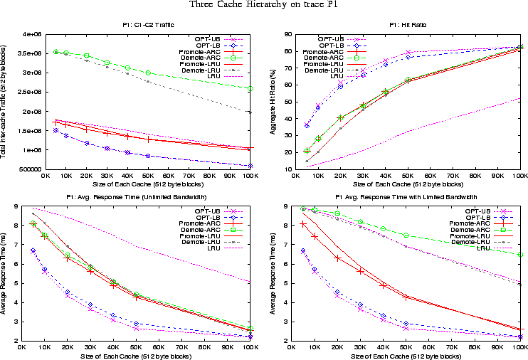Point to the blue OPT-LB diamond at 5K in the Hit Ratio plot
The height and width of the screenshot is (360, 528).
coord(307,126)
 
